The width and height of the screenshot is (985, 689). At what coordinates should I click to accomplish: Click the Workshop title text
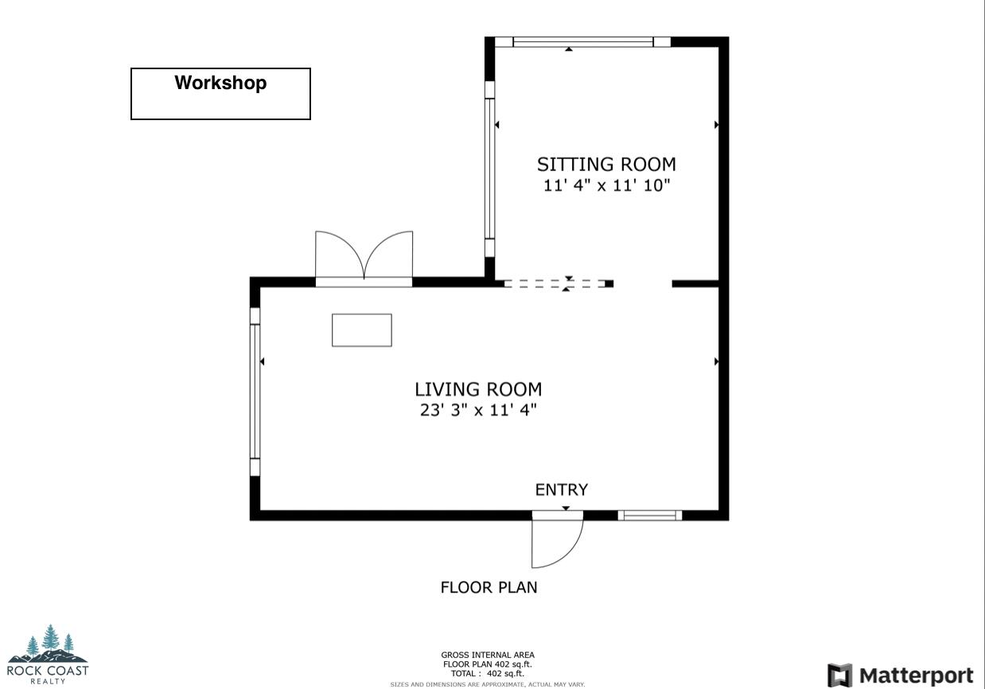click(x=220, y=83)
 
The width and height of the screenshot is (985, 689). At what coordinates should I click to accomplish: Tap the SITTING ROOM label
click(x=606, y=165)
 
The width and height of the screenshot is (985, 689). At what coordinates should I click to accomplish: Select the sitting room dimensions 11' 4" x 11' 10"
click(x=606, y=186)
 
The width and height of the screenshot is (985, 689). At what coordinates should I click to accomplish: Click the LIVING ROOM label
click(x=478, y=389)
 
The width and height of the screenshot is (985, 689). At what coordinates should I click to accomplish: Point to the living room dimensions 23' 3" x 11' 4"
click(x=478, y=411)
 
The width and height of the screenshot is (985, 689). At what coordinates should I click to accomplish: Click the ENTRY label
click(x=561, y=489)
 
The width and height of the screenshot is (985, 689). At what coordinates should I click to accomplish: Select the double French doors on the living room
click(x=364, y=259)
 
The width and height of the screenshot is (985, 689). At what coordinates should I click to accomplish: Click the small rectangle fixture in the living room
click(x=361, y=330)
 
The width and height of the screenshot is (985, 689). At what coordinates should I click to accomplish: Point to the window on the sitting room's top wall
click(x=583, y=42)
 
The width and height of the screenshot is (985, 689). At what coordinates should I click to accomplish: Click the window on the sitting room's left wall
click(x=490, y=168)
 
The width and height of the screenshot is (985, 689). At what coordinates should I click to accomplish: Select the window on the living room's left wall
click(x=255, y=391)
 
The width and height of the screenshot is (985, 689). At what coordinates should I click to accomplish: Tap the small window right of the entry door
click(x=650, y=516)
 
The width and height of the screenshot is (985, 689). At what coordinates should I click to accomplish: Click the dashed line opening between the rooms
click(x=557, y=283)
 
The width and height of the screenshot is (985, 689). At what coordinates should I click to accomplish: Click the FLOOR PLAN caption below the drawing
click(x=489, y=588)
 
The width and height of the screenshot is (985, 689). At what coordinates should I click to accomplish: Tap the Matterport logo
click(x=900, y=675)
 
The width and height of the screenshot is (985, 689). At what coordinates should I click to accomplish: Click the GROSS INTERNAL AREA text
click(x=487, y=656)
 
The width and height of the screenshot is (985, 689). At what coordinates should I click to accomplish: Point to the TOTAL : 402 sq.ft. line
click(x=487, y=673)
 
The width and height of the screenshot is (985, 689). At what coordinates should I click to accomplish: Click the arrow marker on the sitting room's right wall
click(x=717, y=125)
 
